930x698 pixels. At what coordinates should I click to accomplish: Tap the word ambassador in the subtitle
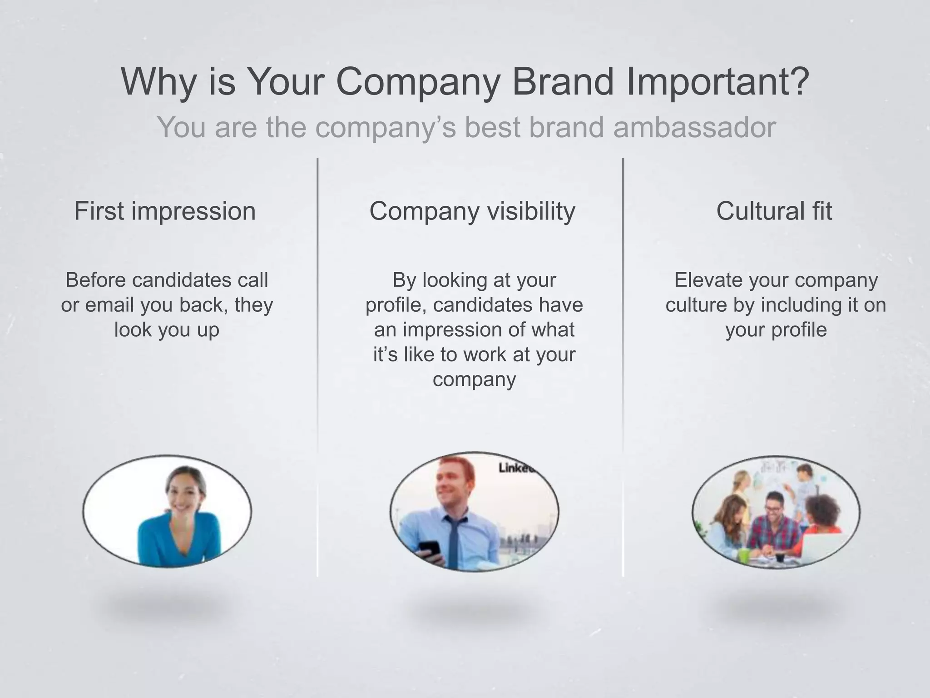tap(694, 128)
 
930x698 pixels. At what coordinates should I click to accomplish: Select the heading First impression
tap(165, 211)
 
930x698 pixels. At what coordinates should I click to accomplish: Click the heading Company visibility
tap(472, 211)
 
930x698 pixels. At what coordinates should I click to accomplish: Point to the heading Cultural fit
tap(774, 211)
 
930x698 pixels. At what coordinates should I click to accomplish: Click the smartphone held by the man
tap(430, 548)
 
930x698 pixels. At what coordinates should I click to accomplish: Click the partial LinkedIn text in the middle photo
tap(515, 468)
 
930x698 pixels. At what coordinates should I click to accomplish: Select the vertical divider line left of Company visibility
tap(317, 364)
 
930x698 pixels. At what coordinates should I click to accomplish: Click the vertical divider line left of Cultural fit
tap(623, 364)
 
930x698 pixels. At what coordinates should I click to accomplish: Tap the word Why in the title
tap(158, 82)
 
